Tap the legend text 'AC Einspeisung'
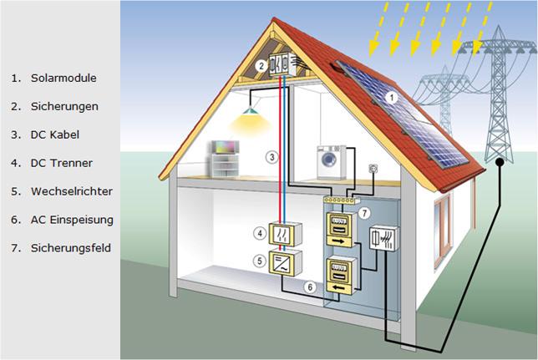[72, 220]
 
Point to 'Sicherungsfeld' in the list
[70, 248]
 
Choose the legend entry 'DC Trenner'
[63, 163]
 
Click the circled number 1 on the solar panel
[389, 98]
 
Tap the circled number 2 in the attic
[261, 65]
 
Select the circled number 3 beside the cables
[271, 156]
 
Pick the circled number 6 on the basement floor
[311, 286]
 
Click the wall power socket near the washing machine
[373, 170]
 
